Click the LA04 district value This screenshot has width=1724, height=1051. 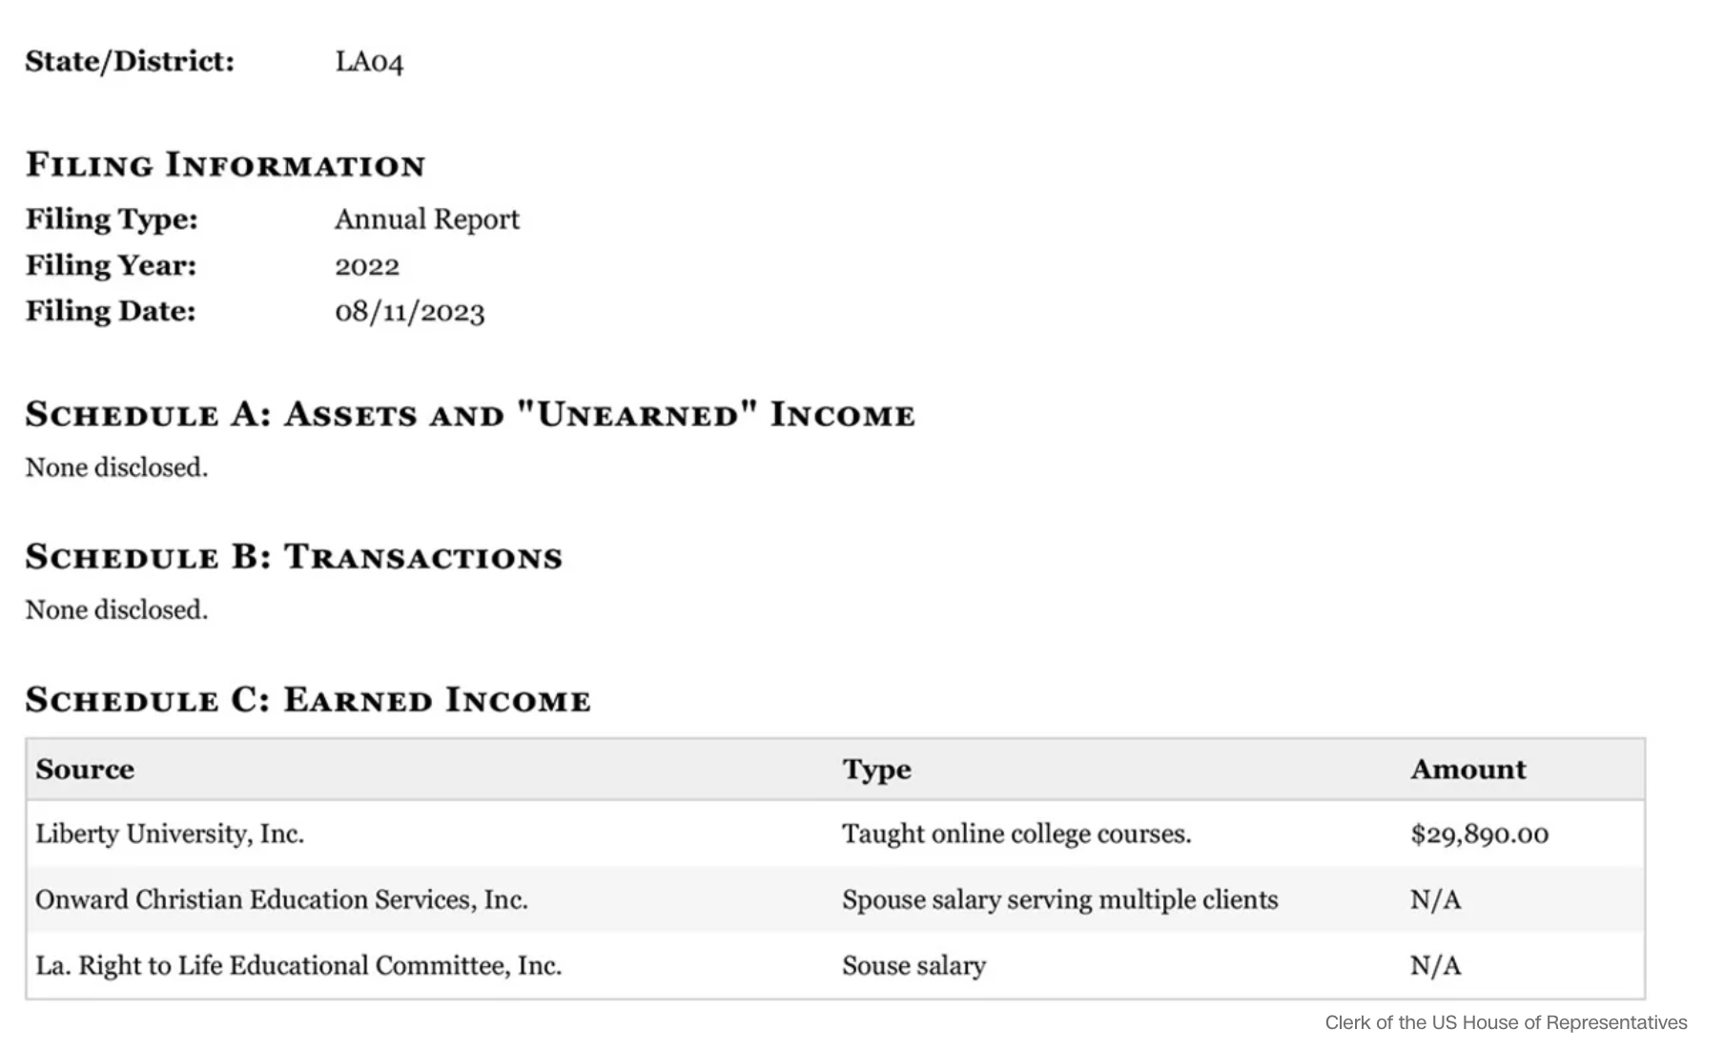(x=369, y=62)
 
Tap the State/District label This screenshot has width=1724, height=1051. (x=130, y=61)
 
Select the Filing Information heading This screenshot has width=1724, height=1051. (x=225, y=164)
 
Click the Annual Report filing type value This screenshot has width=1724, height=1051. (x=426, y=219)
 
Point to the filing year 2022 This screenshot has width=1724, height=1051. (x=367, y=265)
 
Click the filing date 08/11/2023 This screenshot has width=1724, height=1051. (x=409, y=312)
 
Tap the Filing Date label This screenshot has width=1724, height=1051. (x=111, y=311)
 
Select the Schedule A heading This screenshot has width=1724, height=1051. (x=470, y=414)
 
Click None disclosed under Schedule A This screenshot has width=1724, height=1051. (x=116, y=467)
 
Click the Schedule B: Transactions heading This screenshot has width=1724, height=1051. (x=294, y=556)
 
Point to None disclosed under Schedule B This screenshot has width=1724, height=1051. (x=116, y=609)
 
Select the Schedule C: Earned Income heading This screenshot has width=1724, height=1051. (x=308, y=699)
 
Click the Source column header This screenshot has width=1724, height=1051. (x=85, y=770)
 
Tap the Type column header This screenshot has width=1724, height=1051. (x=876, y=770)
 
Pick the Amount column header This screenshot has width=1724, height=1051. (x=1467, y=770)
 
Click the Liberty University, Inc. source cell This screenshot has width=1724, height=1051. (x=170, y=835)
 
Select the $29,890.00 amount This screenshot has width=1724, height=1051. (x=1479, y=835)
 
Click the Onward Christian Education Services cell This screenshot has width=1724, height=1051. (x=281, y=900)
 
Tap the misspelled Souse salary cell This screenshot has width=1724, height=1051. (x=913, y=966)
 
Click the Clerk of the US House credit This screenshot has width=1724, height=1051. (x=1506, y=1022)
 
